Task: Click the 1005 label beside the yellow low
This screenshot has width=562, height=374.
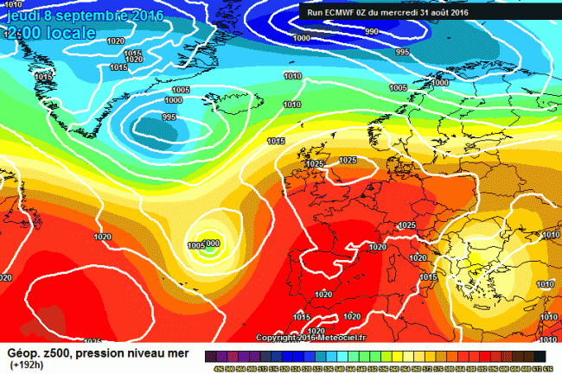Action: pyautogui.click(x=195, y=245)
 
